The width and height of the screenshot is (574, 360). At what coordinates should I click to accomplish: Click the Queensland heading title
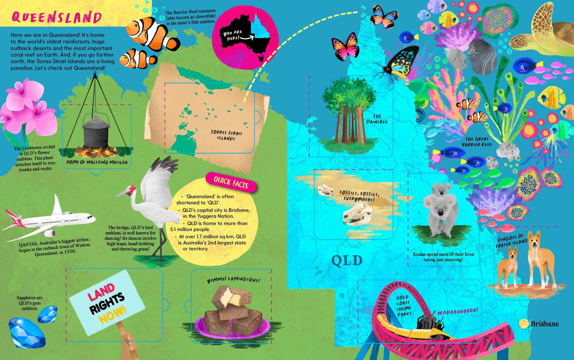(57, 17)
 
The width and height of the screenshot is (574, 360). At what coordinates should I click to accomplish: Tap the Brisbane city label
(545, 324)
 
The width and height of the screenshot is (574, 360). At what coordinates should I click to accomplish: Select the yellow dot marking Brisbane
(524, 323)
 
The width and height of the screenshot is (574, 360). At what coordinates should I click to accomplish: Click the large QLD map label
(347, 261)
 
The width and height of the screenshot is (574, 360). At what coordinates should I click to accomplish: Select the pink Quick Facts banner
(231, 182)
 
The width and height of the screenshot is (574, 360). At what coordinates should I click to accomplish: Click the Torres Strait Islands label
(226, 135)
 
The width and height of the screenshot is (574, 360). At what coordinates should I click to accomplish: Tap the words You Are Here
(233, 35)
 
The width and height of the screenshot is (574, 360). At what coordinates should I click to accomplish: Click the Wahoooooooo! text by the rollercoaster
(458, 311)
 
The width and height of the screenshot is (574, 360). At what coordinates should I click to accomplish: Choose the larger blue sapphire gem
(26, 333)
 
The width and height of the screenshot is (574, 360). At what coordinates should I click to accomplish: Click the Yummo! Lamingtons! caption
(233, 280)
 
